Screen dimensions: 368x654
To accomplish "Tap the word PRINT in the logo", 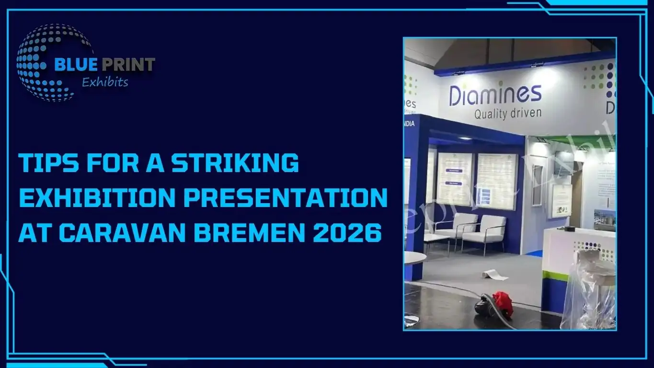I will point(126,65).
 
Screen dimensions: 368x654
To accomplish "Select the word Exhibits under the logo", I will point(105,82).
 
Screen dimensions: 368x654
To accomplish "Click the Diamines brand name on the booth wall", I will point(495,95).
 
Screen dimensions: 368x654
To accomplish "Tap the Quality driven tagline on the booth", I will point(507,114).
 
